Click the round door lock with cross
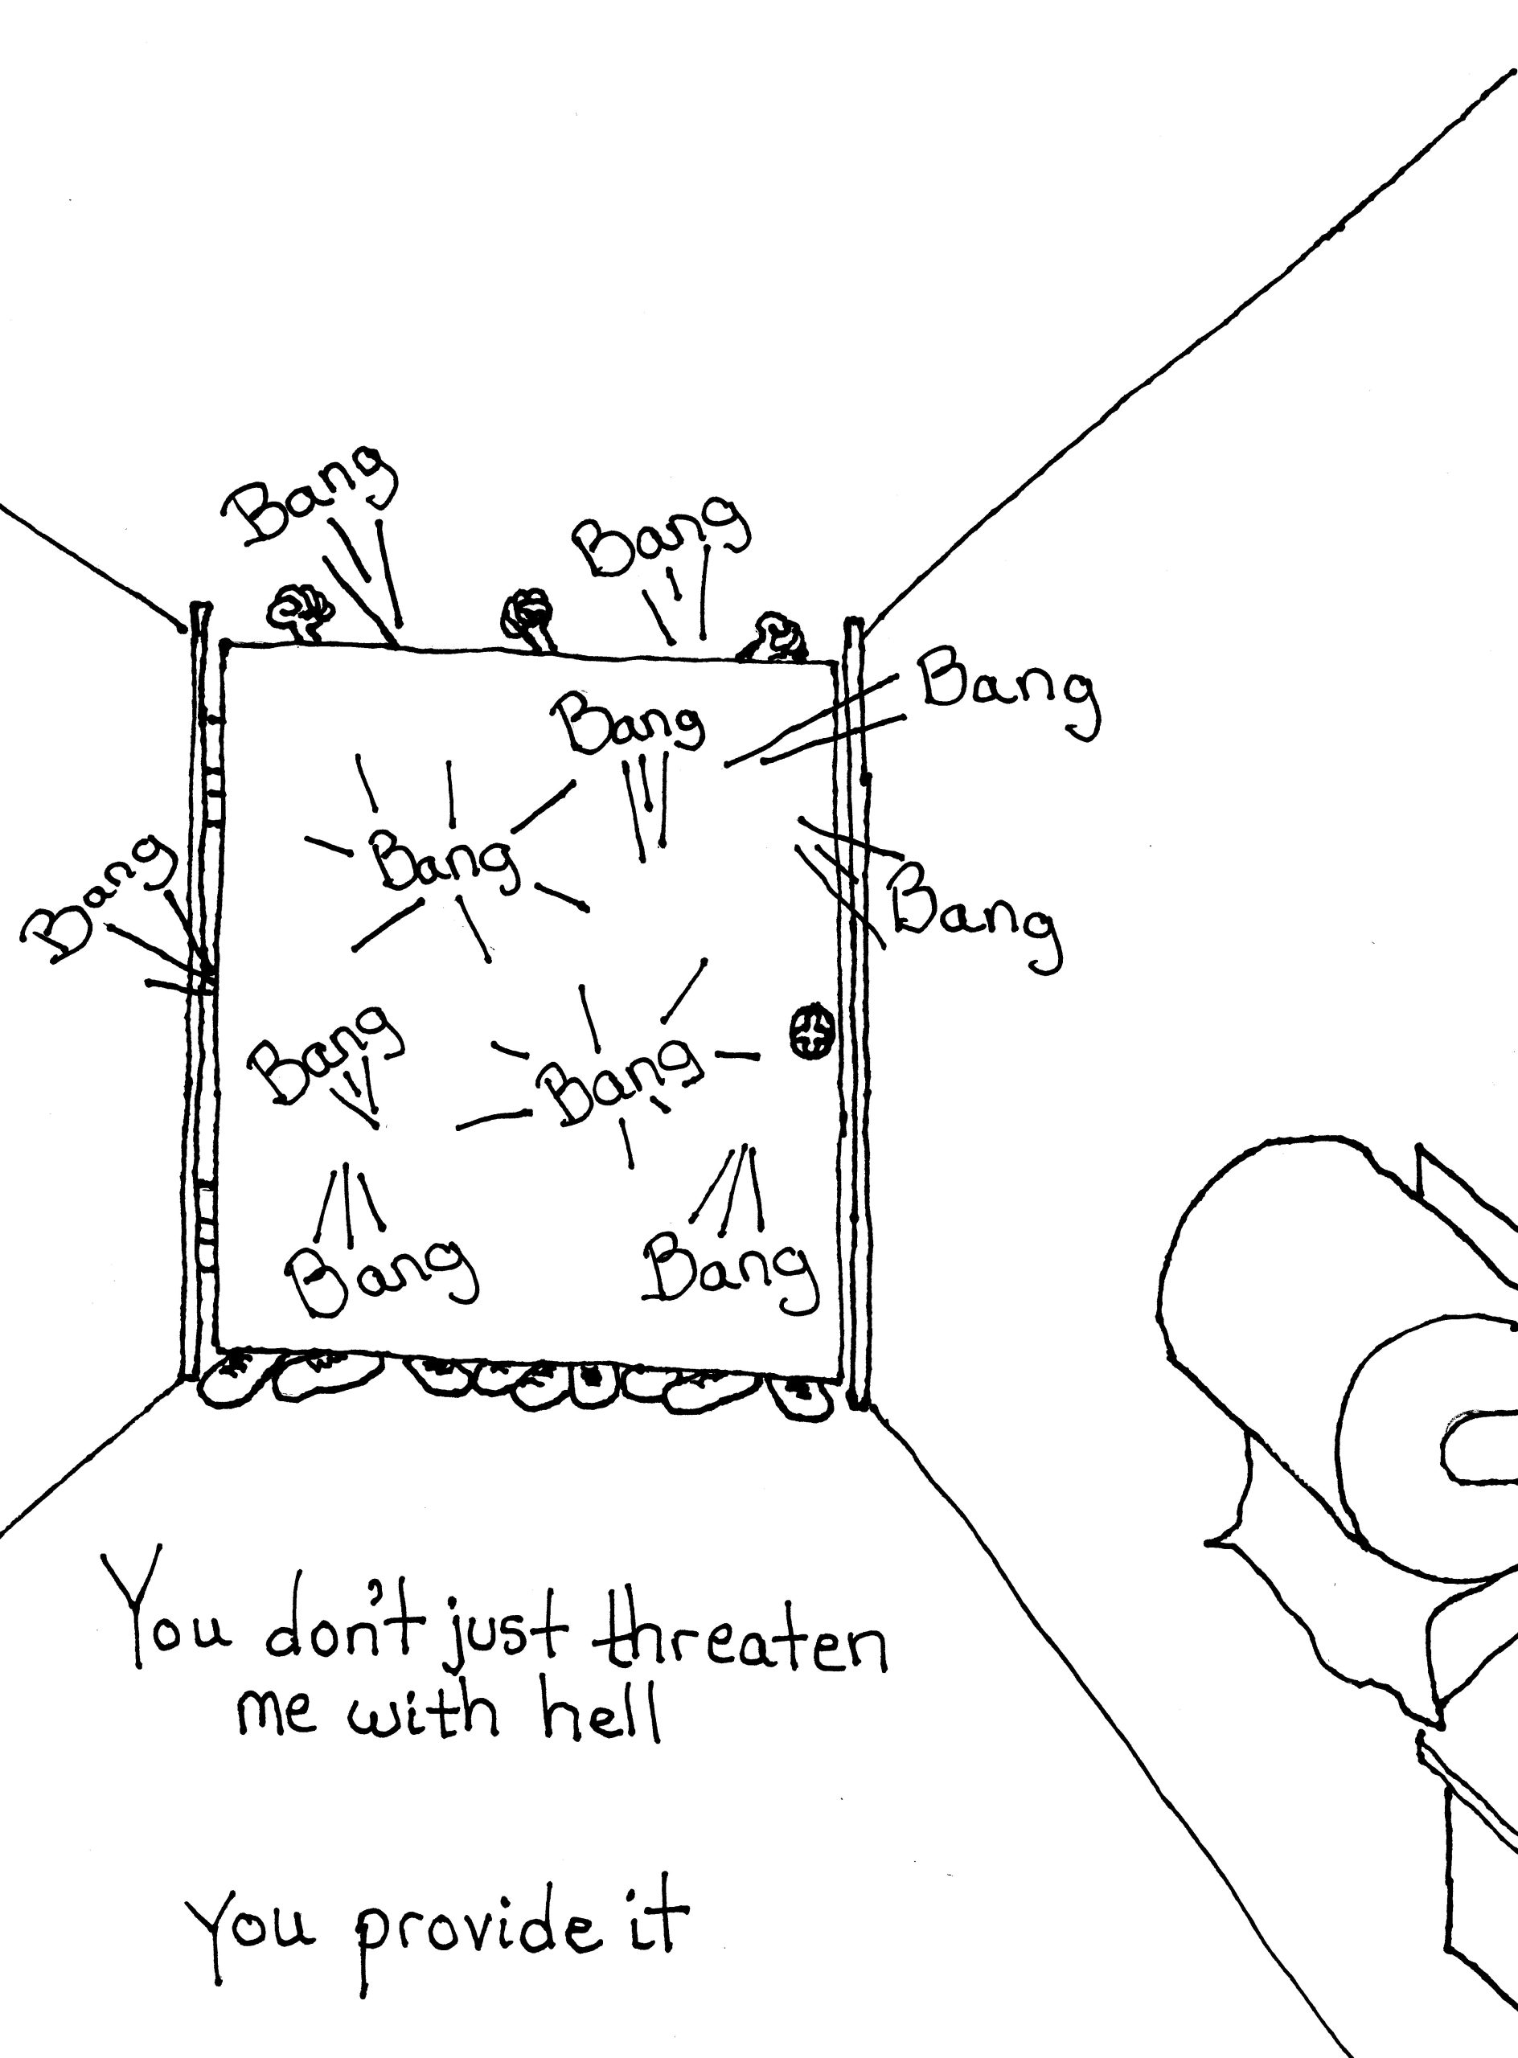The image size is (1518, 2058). click(811, 1031)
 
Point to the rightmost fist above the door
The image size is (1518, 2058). click(777, 637)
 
